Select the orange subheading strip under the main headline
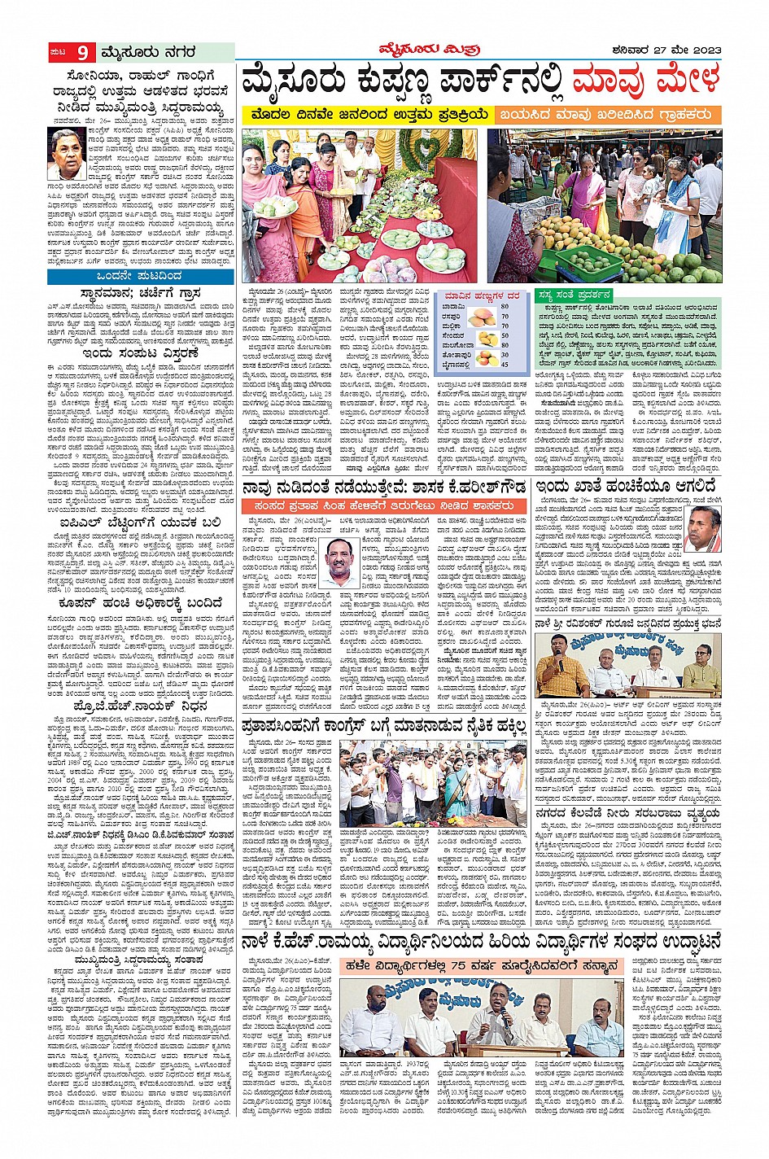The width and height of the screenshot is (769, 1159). [x=609, y=115]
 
